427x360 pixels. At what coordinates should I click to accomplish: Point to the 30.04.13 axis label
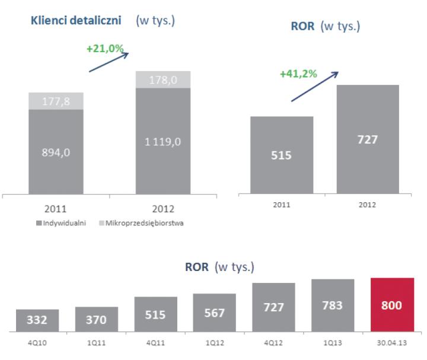click(x=392, y=342)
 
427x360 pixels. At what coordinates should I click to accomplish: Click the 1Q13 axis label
click(x=333, y=342)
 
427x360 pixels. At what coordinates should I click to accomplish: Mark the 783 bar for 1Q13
click(x=333, y=304)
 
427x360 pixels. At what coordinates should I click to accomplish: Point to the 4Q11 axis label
click(x=155, y=342)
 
